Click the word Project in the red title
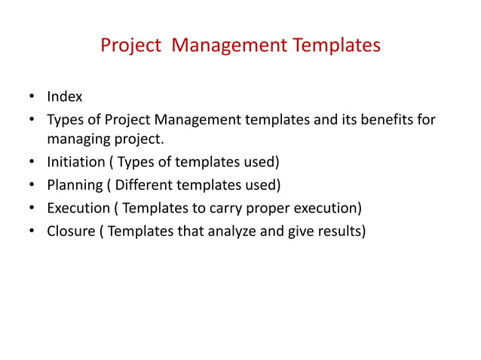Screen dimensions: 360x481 (x=130, y=47)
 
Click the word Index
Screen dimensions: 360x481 (x=65, y=97)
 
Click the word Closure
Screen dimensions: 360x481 (x=70, y=230)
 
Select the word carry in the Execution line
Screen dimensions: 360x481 (x=225, y=208)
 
